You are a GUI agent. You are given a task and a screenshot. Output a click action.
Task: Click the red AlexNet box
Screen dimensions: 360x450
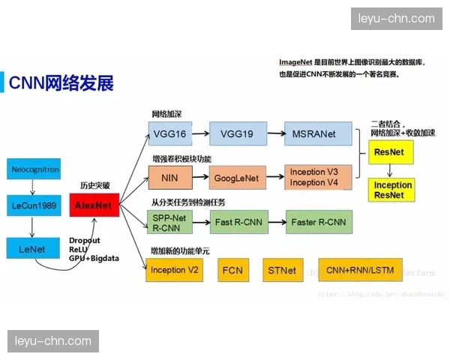point(94,205)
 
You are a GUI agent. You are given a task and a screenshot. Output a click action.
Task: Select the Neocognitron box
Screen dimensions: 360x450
point(34,170)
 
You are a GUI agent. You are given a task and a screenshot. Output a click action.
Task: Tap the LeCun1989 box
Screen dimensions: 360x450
point(34,205)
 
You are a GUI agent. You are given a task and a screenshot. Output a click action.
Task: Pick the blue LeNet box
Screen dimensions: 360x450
point(34,248)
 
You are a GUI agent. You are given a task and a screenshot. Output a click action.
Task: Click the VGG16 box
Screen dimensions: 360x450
point(169,134)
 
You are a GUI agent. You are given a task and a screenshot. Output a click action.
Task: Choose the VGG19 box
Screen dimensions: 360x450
point(238,134)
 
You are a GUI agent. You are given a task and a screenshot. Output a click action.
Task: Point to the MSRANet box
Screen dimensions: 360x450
point(314,134)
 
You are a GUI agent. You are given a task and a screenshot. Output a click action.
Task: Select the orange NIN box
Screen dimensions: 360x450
point(169,178)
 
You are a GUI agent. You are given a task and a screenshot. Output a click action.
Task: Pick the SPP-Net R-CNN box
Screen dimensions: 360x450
point(169,221)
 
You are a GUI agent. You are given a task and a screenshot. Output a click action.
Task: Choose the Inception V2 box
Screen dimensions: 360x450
point(174,270)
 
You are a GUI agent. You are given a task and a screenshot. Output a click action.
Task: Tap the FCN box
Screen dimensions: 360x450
point(233,270)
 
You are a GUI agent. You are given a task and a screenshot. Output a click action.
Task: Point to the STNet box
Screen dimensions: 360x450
point(282,270)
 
